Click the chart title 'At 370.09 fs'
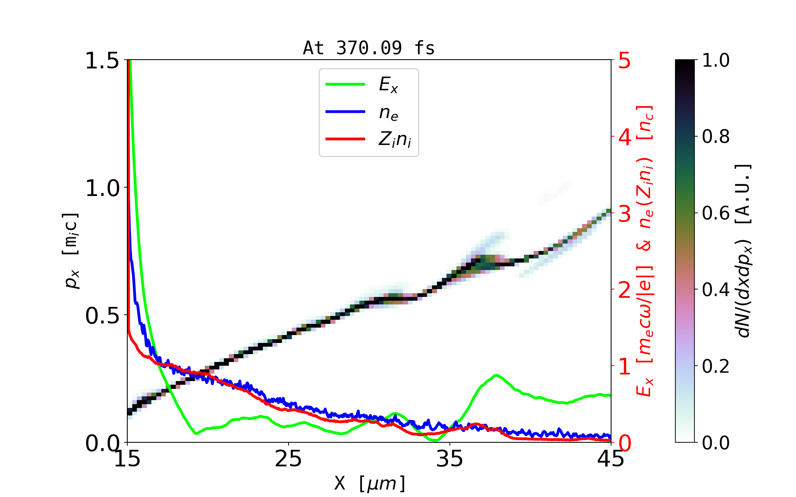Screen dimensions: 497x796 coord(369,48)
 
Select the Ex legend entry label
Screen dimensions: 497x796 coord(388,85)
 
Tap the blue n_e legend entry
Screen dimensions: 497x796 coord(388,112)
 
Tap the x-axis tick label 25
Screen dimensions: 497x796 coord(288,459)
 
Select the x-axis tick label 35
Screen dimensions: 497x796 coord(450,459)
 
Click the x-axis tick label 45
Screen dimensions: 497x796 coord(611,459)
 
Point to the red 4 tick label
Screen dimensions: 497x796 coord(624,137)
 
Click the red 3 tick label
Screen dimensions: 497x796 coord(624,214)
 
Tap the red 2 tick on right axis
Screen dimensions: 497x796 coord(624,290)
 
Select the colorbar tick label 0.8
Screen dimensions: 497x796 coord(716,137)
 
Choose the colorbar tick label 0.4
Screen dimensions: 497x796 coord(716,290)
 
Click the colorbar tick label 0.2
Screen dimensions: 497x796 coord(716,367)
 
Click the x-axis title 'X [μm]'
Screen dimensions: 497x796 coord(369,483)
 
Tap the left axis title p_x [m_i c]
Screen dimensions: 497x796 coord(71,251)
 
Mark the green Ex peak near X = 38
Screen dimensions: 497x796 coord(496,375)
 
